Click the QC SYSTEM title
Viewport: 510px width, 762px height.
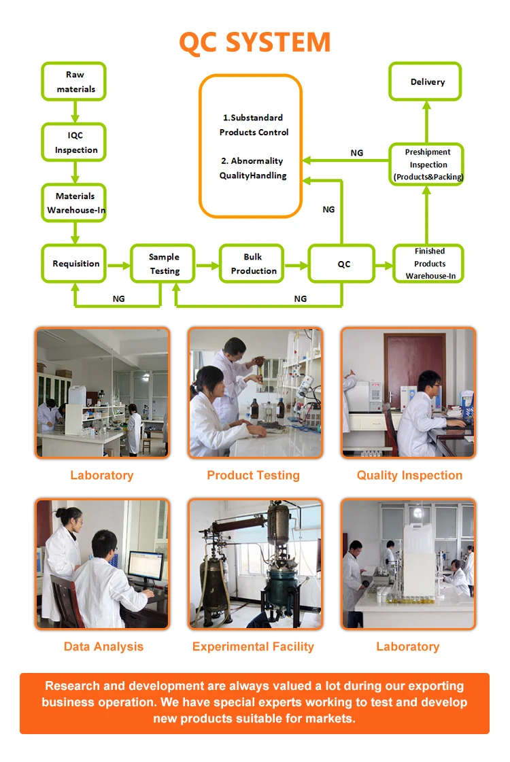pyautogui.click(x=254, y=42)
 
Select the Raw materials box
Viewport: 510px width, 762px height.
pyautogui.click(x=75, y=82)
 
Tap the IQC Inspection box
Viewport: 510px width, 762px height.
pyautogui.click(x=75, y=143)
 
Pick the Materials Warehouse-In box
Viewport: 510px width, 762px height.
pyautogui.click(x=75, y=203)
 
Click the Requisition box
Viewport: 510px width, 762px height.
pyautogui.click(x=75, y=264)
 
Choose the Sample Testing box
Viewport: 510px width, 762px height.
pyautogui.click(x=164, y=264)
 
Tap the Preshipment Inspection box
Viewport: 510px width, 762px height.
pyautogui.click(x=427, y=164)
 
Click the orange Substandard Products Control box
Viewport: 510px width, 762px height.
pyautogui.click(x=250, y=146)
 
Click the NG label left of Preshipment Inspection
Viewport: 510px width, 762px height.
pyautogui.click(x=357, y=153)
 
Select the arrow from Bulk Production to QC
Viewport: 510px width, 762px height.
pyautogui.click(x=295, y=264)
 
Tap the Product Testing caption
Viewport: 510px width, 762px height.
pyautogui.click(x=253, y=475)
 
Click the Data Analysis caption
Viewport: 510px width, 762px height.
pyautogui.click(x=103, y=646)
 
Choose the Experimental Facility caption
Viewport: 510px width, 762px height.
pyautogui.click(x=253, y=646)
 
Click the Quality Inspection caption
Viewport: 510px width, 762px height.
pyautogui.click(x=409, y=475)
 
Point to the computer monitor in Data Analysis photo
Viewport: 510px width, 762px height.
pyautogui.click(x=146, y=565)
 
